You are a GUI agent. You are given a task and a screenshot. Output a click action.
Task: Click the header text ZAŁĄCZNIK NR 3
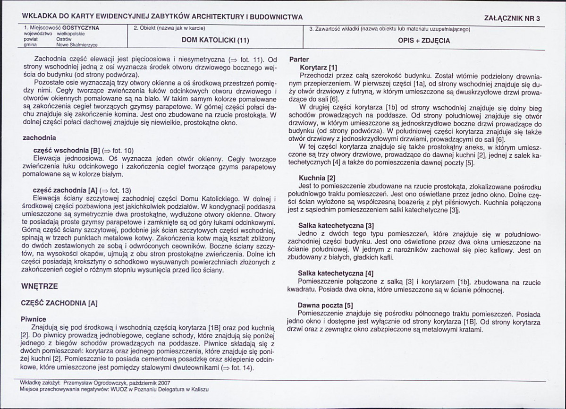coord(512,18)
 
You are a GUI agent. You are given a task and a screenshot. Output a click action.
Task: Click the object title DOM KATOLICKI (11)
coord(215,40)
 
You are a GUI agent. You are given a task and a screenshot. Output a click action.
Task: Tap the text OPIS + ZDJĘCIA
coord(424,41)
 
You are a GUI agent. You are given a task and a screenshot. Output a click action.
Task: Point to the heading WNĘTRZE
coord(40,286)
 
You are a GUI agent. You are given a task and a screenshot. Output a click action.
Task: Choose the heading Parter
coord(298,60)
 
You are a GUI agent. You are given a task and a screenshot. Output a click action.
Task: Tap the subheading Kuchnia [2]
coord(317,178)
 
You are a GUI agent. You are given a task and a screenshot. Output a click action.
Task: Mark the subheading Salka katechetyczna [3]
coord(336,226)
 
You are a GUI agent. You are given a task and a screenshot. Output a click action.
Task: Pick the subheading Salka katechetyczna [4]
coord(336,273)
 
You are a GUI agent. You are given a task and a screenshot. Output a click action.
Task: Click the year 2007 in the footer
coord(163,383)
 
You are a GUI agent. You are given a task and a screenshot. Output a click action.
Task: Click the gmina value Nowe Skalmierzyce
coord(77,45)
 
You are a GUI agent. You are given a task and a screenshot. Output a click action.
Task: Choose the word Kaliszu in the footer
coord(199,390)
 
